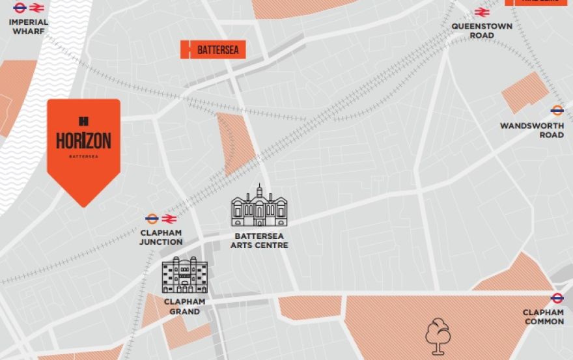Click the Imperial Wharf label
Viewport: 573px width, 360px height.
(28, 26)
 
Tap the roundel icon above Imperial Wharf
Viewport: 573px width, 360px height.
(20, 8)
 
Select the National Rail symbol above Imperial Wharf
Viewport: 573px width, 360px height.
(36, 8)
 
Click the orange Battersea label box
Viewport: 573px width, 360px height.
(213, 49)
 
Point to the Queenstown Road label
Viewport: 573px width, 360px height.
(482, 31)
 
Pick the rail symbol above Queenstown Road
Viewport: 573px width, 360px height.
(482, 12)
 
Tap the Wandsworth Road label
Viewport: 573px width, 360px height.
(532, 130)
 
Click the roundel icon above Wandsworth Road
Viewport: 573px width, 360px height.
(557, 111)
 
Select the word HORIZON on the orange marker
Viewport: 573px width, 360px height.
(83, 140)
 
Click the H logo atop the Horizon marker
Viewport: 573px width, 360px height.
(83, 120)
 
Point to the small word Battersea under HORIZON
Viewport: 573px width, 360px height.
(83, 156)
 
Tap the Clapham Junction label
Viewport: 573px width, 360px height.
(161, 237)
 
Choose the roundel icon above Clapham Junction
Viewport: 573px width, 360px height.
(152, 219)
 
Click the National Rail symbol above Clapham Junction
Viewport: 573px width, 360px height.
(169, 219)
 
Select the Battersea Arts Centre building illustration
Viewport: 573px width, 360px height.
(259, 206)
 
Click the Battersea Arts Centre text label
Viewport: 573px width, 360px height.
(259, 241)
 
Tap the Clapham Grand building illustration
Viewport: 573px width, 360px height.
(184, 275)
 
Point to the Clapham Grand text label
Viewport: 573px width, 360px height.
(184, 307)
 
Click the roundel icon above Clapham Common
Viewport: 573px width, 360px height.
(557, 298)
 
